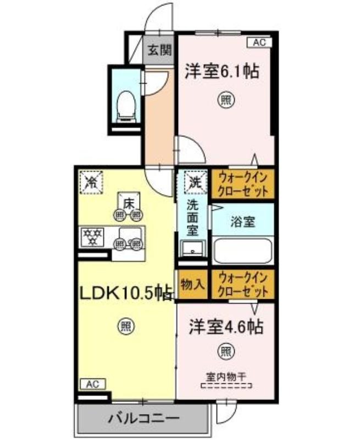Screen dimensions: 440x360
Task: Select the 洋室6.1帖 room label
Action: [x=221, y=71]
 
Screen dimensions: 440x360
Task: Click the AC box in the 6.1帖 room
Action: [x=259, y=41]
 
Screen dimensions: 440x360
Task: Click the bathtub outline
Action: [x=242, y=250]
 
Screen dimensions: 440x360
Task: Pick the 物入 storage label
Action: [x=193, y=284]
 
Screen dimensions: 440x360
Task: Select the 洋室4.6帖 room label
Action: [x=225, y=326]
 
